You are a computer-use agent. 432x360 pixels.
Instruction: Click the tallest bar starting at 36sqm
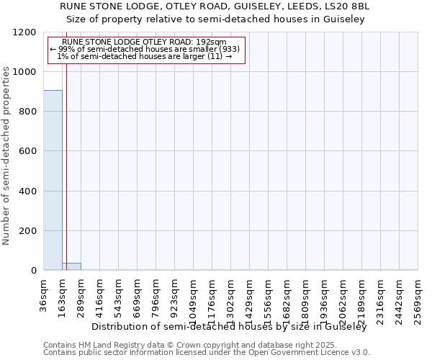pos(53,180)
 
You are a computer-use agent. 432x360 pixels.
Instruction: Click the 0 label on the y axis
pos(33,271)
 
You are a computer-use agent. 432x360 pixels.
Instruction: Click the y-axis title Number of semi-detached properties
pos(6,152)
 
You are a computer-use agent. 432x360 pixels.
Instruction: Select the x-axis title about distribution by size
pos(229,327)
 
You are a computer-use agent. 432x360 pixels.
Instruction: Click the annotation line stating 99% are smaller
pos(145,49)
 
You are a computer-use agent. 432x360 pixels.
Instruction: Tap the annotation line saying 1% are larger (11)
pos(144,56)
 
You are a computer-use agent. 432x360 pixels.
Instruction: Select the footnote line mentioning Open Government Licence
pos(207,352)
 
